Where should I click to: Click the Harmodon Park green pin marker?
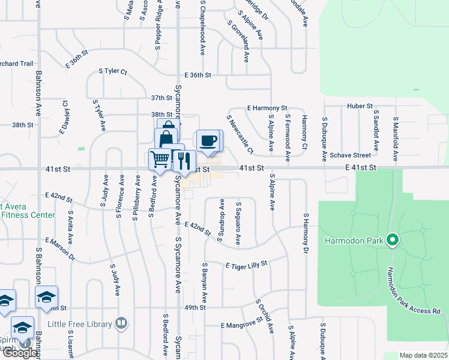[393, 241]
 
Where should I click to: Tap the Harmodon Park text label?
[354, 241]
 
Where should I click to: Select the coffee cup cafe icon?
[208, 141]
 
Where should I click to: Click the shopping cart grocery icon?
[160, 159]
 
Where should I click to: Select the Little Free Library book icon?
[121, 324]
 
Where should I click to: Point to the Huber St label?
[360, 106]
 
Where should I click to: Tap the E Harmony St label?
[268, 108]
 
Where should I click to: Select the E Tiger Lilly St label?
[246, 265]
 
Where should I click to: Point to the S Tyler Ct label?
[113, 71]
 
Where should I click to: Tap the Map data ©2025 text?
[423, 355]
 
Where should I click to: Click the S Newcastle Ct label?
[240, 134]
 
